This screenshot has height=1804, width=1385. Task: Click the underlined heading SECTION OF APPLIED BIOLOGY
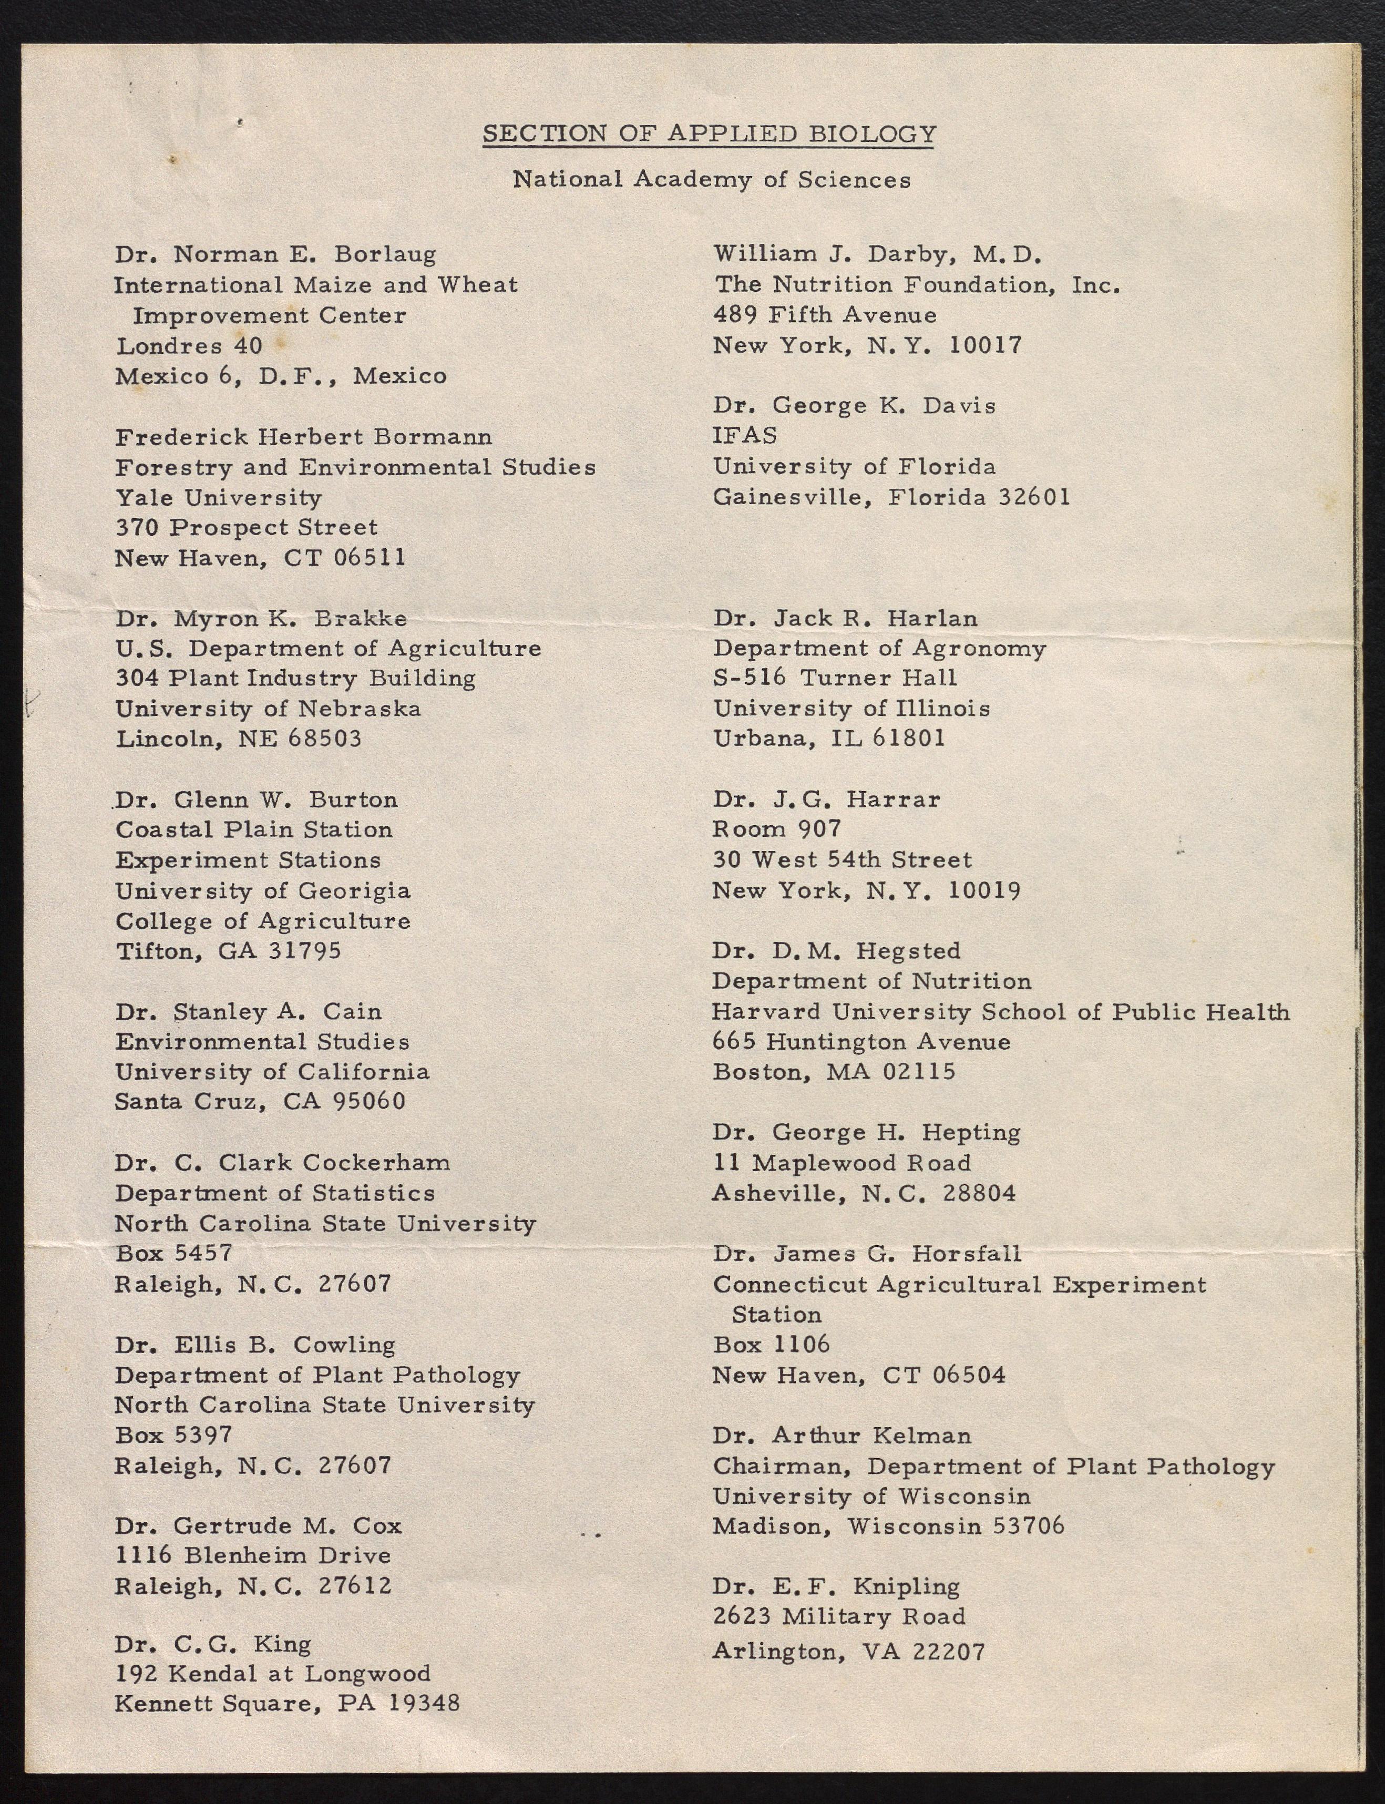[x=709, y=134]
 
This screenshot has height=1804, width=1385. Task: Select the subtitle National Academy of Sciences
[x=712, y=180]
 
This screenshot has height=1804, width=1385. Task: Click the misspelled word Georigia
[x=354, y=891]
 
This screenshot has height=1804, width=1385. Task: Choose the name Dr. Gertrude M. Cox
[x=258, y=1525]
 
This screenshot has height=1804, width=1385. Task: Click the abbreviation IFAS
[x=744, y=435]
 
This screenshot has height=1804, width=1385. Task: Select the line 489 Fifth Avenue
[x=824, y=315]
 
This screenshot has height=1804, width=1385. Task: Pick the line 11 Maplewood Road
[x=841, y=1163]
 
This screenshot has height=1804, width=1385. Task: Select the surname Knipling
[x=906, y=1586]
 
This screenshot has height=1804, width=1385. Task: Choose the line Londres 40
[x=189, y=346]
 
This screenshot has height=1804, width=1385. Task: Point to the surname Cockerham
[x=375, y=1163]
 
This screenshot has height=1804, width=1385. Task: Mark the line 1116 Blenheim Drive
[x=252, y=1556]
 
